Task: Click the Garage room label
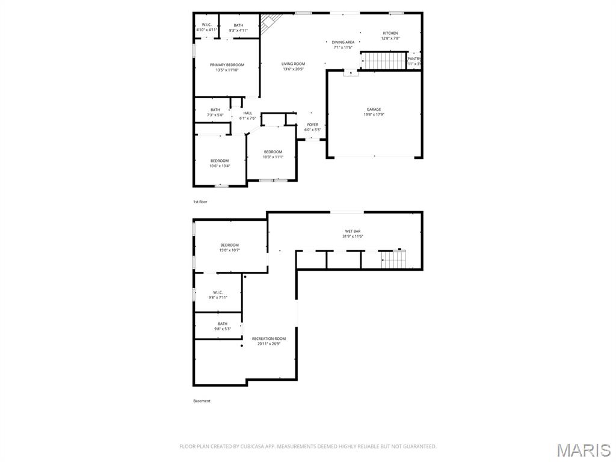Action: pyautogui.click(x=374, y=109)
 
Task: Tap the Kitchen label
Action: pyautogui.click(x=390, y=33)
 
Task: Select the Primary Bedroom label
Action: pyautogui.click(x=227, y=65)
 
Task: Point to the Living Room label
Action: pyautogui.click(x=294, y=64)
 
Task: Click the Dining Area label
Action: pyautogui.click(x=343, y=42)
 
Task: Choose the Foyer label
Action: pyautogui.click(x=312, y=125)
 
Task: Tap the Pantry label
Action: pyautogui.click(x=414, y=59)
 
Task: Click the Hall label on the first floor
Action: pyautogui.click(x=248, y=113)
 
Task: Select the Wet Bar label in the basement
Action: pyautogui.click(x=353, y=231)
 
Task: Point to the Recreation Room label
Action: pyautogui.click(x=269, y=339)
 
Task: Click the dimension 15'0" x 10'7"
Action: pyautogui.click(x=229, y=250)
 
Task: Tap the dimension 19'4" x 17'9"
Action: pyautogui.click(x=374, y=114)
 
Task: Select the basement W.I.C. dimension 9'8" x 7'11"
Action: pyautogui.click(x=218, y=297)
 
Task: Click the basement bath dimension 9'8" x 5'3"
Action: pyautogui.click(x=223, y=329)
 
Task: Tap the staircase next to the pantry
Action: pyautogui.click(x=384, y=61)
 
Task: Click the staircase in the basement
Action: pyautogui.click(x=395, y=259)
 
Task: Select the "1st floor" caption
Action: pyautogui.click(x=200, y=202)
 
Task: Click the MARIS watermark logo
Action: pyautogui.click(x=583, y=450)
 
